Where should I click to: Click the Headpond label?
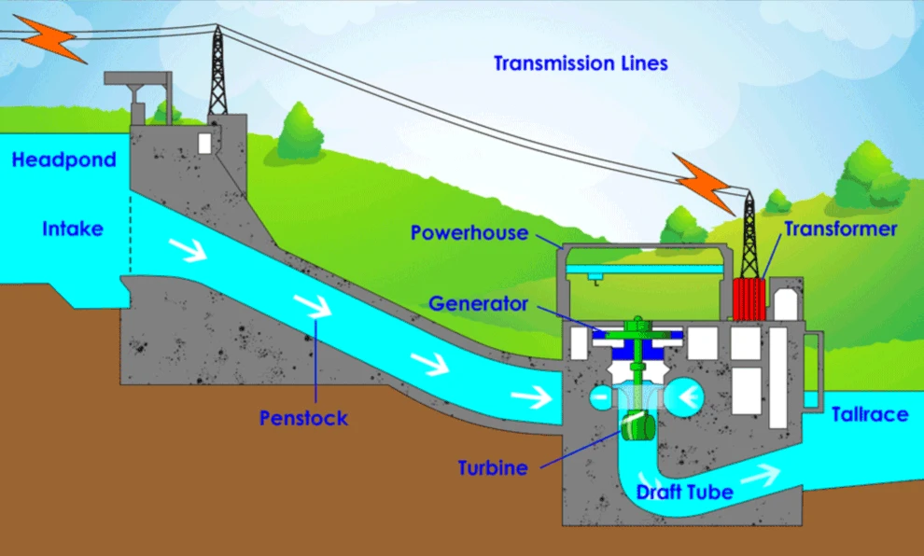pyautogui.click(x=63, y=160)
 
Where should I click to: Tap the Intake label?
pyautogui.click(x=72, y=229)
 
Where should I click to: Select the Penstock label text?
pyautogui.click(x=303, y=418)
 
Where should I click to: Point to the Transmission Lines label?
pyautogui.click(x=581, y=63)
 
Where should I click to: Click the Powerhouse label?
pyautogui.click(x=469, y=232)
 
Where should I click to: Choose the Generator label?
pyautogui.click(x=479, y=304)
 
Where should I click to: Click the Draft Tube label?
pyautogui.click(x=684, y=492)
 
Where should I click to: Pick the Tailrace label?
pyautogui.click(x=869, y=414)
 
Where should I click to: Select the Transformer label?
pyautogui.click(x=840, y=229)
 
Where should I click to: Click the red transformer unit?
pyautogui.click(x=749, y=299)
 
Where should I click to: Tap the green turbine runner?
pyautogui.click(x=638, y=425)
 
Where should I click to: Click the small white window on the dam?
pyautogui.click(x=205, y=143)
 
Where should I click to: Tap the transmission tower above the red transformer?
pyautogui.click(x=749, y=235)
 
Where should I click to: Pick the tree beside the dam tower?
pyautogui.click(x=299, y=131)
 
